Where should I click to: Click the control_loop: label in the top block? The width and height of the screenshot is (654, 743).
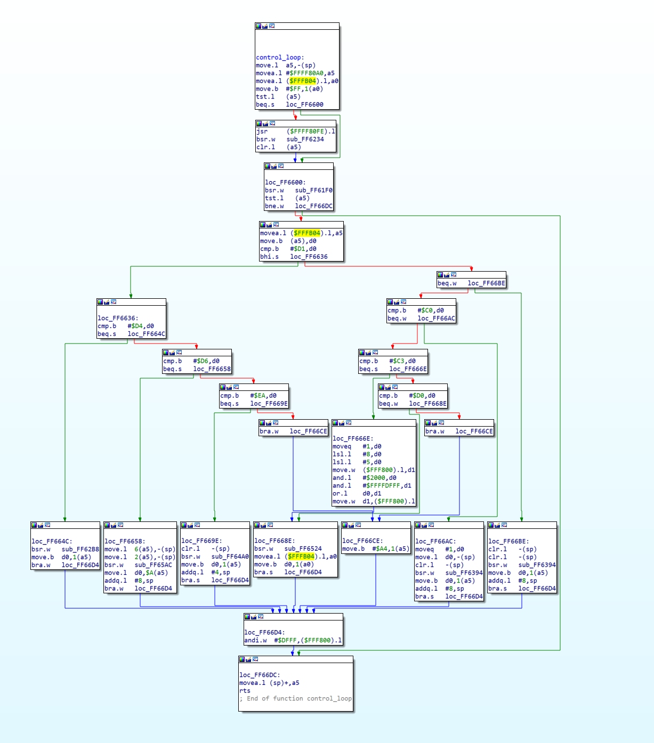[x=280, y=58]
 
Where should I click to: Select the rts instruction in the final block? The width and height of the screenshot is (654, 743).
[x=245, y=691]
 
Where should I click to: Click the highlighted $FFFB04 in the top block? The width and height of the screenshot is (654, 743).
[x=302, y=81]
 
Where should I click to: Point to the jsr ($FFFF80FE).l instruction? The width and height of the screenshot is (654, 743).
[x=296, y=132]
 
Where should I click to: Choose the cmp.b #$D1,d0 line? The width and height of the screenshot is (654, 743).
[x=288, y=249]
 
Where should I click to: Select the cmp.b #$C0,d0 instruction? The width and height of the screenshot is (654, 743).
[x=415, y=311]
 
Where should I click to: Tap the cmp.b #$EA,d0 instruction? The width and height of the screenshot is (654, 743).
[x=248, y=395]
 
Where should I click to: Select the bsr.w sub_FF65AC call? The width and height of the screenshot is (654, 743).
[x=138, y=565]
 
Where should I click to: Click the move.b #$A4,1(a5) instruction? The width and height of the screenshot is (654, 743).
[x=375, y=549]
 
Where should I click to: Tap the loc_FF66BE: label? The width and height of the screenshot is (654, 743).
[x=508, y=541]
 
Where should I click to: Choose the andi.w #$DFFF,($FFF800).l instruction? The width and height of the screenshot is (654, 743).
[x=293, y=640]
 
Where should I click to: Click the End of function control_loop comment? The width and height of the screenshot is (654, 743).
[x=295, y=698]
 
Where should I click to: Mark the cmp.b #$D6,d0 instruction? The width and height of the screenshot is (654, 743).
[x=191, y=361]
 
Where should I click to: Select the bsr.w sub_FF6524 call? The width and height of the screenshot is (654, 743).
[x=288, y=549]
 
